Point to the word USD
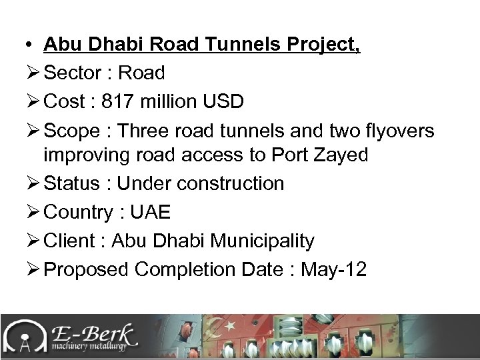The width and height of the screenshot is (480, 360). tap(222, 102)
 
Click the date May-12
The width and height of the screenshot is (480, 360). tap(334, 269)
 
